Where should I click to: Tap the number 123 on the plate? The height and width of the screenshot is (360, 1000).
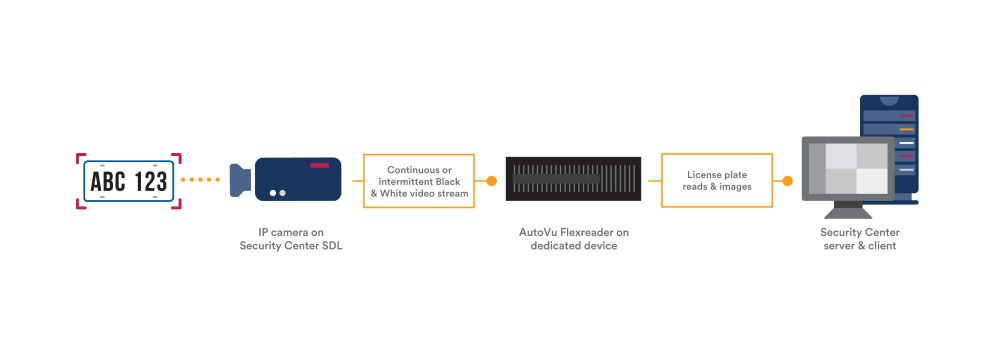[x=150, y=181]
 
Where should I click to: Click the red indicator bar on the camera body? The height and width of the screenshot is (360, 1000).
[x=320, y=164]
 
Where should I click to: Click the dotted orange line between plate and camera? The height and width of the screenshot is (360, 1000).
[x=201, y=180]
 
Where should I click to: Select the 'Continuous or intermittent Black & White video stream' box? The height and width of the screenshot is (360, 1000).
[x=417, y=180]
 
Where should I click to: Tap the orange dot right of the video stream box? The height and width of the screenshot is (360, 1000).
[x=491, y=181]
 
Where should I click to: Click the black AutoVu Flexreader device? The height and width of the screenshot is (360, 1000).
[x=572, y=180]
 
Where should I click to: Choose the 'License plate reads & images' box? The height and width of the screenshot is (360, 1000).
[x=717, y=180]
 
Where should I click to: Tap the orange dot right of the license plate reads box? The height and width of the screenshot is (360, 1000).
[x=788, y=181]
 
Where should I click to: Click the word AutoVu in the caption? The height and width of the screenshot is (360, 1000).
[x=539, y=232]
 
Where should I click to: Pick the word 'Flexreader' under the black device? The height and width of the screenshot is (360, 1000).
[x=589, y=232]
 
